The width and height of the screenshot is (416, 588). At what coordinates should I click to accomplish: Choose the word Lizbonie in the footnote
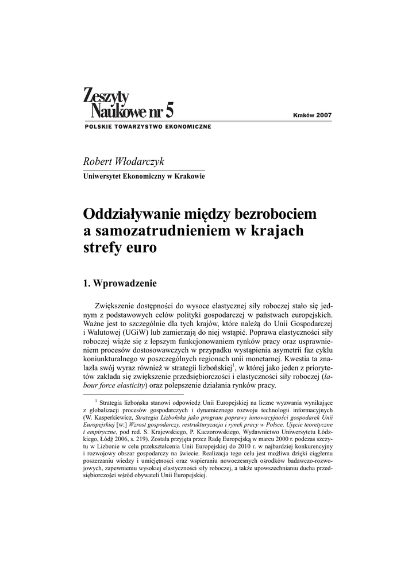click(107, 446)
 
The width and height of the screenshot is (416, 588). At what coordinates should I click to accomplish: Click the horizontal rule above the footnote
click(133, 395)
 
